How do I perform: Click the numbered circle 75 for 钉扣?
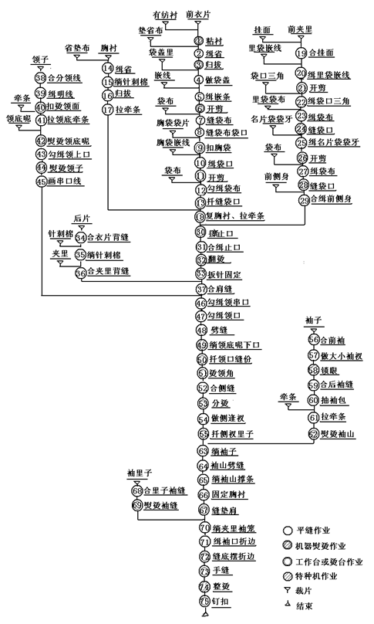pyautogui.click(x=204, y=601)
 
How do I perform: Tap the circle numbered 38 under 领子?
pyautogui.click(x=41, y=78)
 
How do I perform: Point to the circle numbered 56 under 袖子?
pyautogui.click(x=313, y=340)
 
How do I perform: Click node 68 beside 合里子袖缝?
pyautogui.click(x=137, y=490)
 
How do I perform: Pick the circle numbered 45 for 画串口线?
pyautogui.click(x=41, y=181)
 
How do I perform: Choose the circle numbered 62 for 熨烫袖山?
pyautogui.click(x=313, y=433)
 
